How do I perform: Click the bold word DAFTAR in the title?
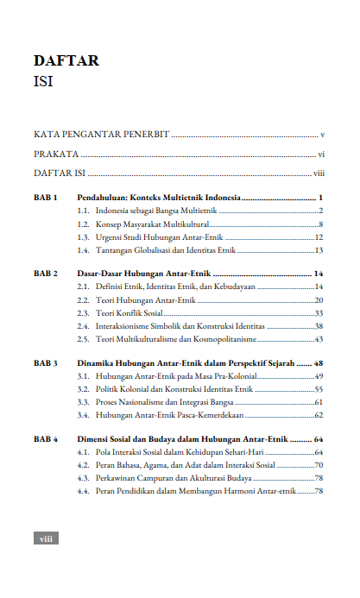pyautogui.click(x=66, y=61)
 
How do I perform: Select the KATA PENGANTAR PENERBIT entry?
pyautogui.click(x=100, y=135)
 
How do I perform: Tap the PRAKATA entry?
pyautogui.click(x=56, y=154)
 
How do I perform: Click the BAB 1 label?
pyautogui.click(x=45, y=198)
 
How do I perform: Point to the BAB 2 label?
pyautogui.click(x=45, y=274)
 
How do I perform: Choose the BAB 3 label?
pyautogui.click(x=45, y=364)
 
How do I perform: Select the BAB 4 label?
pyautogui.click(x=45, y=440)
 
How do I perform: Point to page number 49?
pyautogui.click(x=319, y=377)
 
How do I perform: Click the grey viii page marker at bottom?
pyautogui.click(x=45, y=538)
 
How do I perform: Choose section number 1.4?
pyautogui.click(x=84, y=250)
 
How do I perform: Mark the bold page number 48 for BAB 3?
pyautogui.click(x=318, y=364)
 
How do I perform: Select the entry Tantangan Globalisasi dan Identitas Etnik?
pyautogui.click(x=166, y=250)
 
